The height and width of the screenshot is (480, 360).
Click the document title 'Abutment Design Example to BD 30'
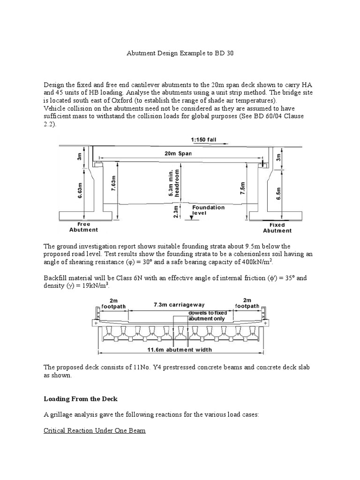click(x=180, y=53)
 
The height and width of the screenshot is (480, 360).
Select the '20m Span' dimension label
click(x=178, y=153)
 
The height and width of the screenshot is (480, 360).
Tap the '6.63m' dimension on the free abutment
click(x=80, y=190)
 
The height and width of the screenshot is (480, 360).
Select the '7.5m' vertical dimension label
click(x=242, y=189)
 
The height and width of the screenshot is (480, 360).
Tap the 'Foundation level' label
click(x=208, y=210)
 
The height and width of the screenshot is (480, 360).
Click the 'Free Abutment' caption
click(x=83, y=227)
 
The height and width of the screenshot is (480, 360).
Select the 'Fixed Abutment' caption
click(x=277, y=228)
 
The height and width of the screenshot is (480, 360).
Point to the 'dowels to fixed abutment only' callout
click(x=207, y=315)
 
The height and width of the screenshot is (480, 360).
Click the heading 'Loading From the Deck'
click(x=81, y=399)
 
